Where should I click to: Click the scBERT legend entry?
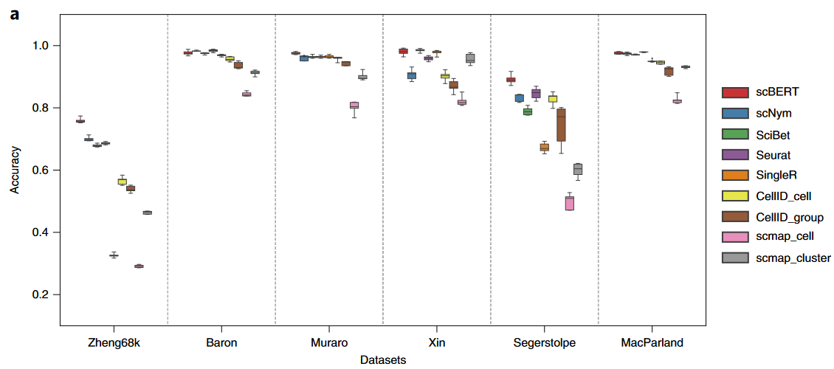(x=768, y=92)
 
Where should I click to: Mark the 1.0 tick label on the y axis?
(x=42, y=46)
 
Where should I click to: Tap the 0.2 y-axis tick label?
(x=42, y=295)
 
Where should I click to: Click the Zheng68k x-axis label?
(x=113, y=343)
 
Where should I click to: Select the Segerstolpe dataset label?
(x=544, y=343)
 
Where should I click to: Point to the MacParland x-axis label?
(x=652, y=343)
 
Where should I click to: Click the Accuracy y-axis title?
(x=15, y=170)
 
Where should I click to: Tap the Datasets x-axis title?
(x=383, y=359)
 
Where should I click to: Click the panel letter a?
(x=15, y=13)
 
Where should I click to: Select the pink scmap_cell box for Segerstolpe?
(x=570, y=204)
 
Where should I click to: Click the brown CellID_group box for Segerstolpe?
(x=561, y=125)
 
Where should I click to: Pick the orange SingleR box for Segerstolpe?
(x=545, y=148)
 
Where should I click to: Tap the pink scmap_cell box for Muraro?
(x=354, y=106)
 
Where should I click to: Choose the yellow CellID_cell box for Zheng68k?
(x=123, y=182)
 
